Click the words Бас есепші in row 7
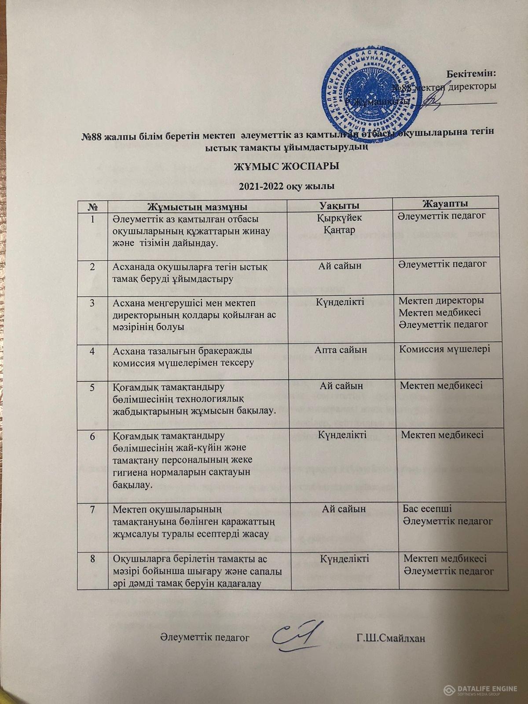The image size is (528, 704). coord(425,509)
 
